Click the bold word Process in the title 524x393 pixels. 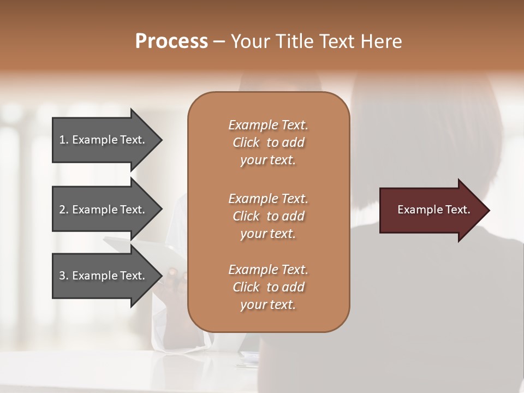pos(171,41)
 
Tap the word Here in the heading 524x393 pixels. pos(382,41)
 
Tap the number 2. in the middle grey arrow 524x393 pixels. pos(64,210)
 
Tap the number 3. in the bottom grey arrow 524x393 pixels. pos(64,276)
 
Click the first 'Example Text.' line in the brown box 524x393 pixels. pos(268,125)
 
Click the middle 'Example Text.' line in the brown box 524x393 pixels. pos(268,198)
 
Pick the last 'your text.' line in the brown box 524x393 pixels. pos(268,305)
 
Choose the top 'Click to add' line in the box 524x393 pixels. pos(268,142)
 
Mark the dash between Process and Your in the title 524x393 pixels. pos(219,42)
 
